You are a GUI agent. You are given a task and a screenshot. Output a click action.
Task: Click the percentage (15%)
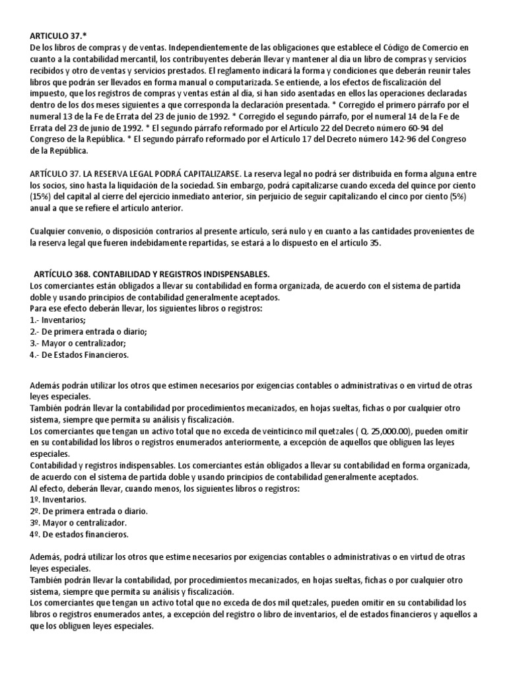[41, 197]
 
